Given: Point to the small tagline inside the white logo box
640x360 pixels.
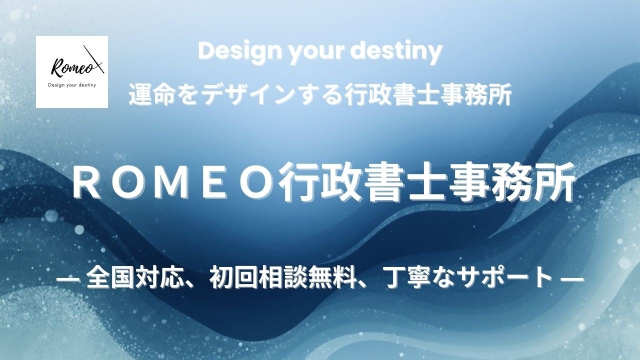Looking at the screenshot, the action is tap(72, 85).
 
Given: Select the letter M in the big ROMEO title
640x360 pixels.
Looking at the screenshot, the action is tap(171, 185).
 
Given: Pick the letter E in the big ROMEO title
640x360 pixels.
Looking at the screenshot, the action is tap(213, 185).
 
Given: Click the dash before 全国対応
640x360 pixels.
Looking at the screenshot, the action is tap(68, 278).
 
